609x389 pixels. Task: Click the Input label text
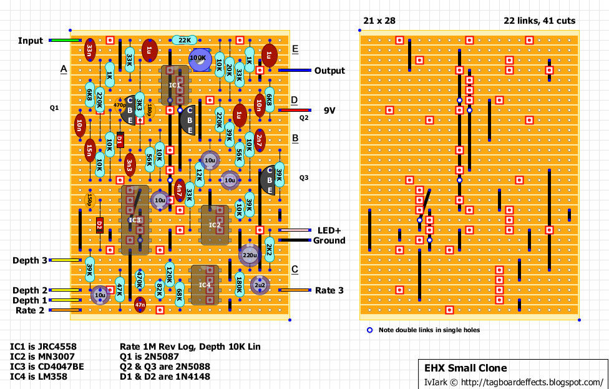(31, 41)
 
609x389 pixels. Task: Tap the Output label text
(329, 71)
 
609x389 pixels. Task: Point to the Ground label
(329, 240)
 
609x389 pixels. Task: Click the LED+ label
(329, 230)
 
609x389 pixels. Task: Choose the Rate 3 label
(329, 290)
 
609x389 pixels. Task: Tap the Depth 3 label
(30, 260)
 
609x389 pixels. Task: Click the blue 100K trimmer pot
(199, 57)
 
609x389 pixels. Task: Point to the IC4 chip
(205, 285)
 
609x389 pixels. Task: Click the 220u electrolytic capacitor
(250, 255)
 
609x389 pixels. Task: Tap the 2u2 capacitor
(259, 285)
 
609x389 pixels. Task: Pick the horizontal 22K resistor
(185, 41)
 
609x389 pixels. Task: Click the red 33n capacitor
(90, 49)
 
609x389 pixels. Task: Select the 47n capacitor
(140, 305)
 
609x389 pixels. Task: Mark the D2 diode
(100, 225)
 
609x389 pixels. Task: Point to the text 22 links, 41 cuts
(539, 21)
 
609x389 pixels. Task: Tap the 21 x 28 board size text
(379, 21)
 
